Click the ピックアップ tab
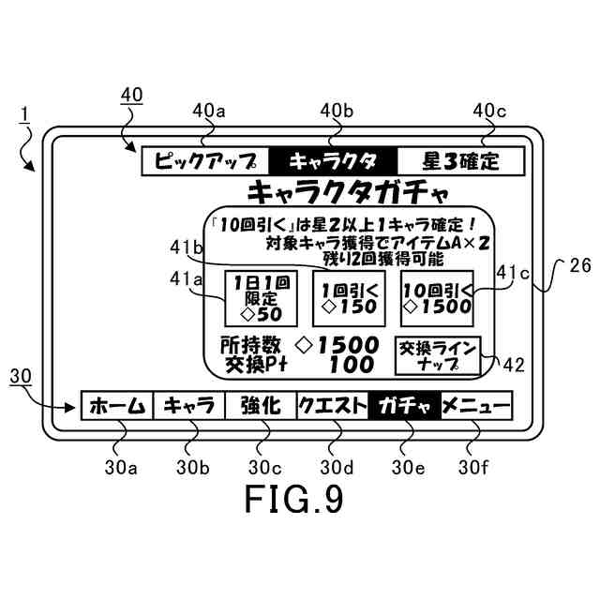pos(204,160)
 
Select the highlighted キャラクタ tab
pos(333,160)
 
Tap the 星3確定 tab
pos(460,160)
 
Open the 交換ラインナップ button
pos(438,354)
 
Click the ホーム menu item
pos(116,407)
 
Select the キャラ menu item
pos(188,407)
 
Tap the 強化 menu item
pos(261,407)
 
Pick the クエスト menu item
pos(333,407)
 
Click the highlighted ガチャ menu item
pos(405,407)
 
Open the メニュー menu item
pos(476,407)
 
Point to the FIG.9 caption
pos(293,498)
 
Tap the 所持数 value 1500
pos(346,345)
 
